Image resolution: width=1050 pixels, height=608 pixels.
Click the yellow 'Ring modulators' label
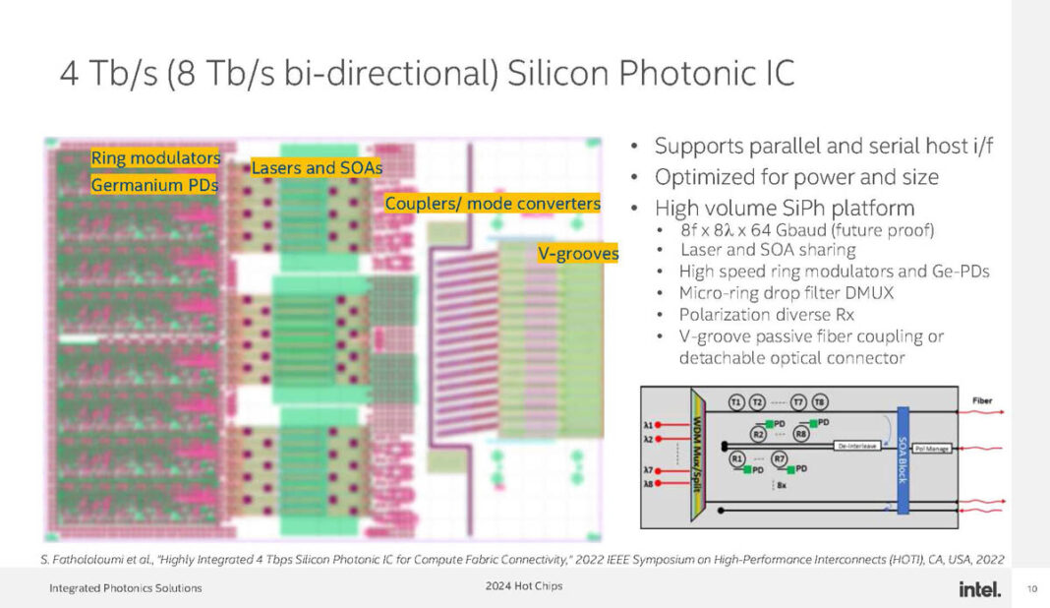click(x=154, y=158)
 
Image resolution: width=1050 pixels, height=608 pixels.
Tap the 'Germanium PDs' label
click(x=154, y=184)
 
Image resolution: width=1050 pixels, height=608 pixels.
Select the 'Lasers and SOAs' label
click(x=316, y=168)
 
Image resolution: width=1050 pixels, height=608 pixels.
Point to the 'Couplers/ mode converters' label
click(x=492, y=203)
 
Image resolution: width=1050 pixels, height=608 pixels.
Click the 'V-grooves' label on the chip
click(x=577, y=254)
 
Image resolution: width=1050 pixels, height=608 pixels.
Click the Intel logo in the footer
click(x=979, y=588)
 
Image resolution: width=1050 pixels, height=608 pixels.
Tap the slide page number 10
click(x=1031, y=589)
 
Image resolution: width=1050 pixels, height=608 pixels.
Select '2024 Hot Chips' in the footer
click(x=524, y=587)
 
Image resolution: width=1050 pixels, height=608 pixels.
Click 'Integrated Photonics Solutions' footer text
click(x=126, y=588)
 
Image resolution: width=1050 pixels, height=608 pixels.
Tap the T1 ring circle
click(x=736, y=402)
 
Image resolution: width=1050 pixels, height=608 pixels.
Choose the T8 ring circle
click(x=820, y=402)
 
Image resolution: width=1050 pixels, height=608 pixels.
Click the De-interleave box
click(x=857, y=446)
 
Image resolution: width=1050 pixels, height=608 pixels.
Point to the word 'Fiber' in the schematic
click(x=982, y=400)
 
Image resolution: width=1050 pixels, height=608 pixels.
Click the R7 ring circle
click(x=780, y=458)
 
